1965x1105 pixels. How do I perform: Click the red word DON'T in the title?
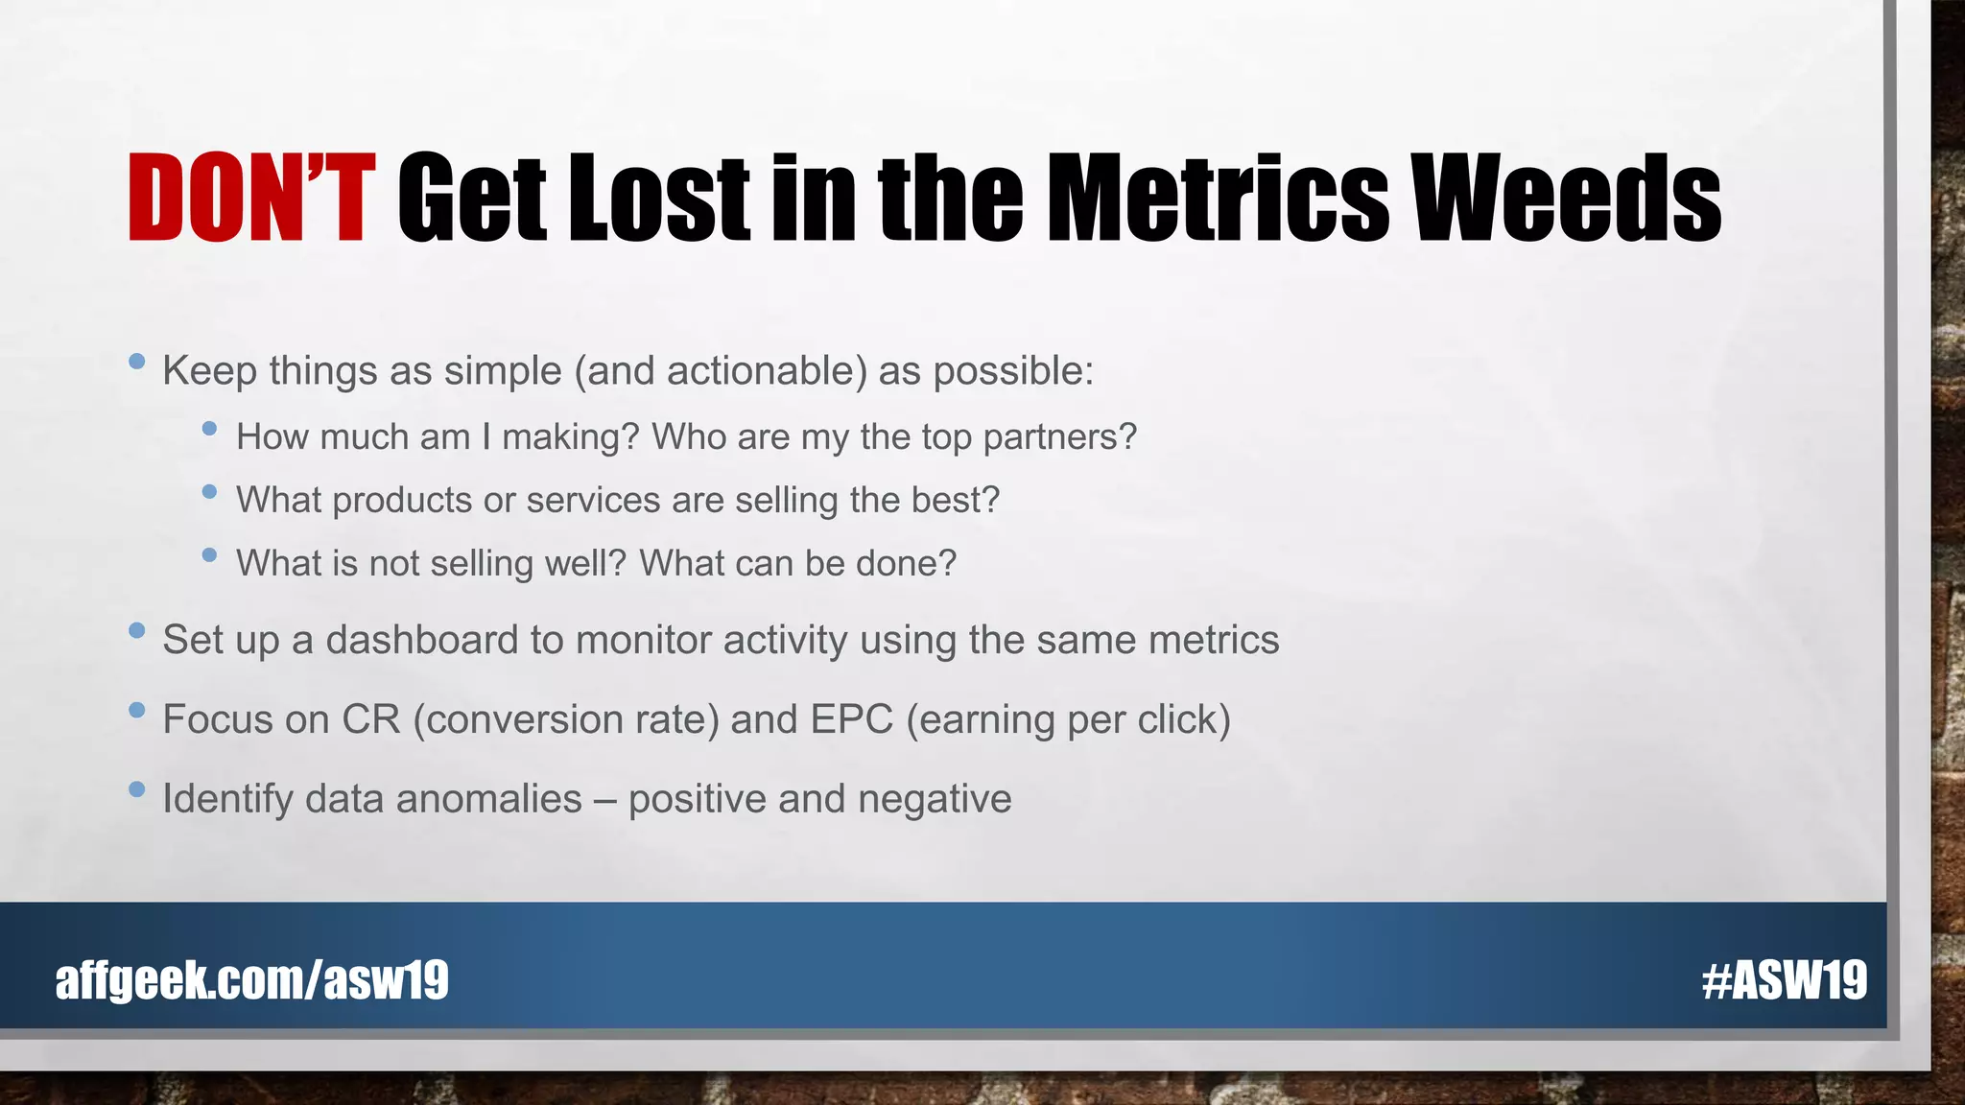[250, 198]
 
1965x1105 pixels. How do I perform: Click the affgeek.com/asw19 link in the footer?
[251, 979]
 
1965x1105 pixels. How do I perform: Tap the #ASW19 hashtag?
[1784, 979]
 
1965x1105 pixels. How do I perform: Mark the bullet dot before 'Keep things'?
[136, 362]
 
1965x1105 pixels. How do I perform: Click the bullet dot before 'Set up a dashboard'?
[136, 630]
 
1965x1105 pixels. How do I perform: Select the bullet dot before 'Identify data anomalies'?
[136, 789]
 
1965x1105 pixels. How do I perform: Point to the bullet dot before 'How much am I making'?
[210, 429]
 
